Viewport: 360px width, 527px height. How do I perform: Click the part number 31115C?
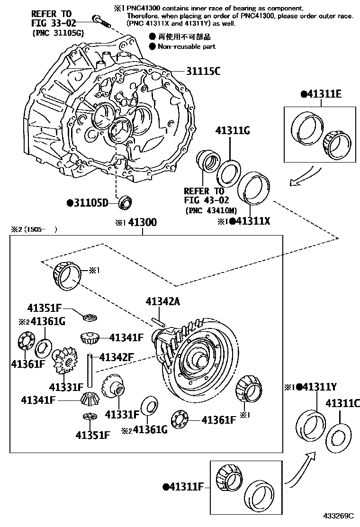point(202,72)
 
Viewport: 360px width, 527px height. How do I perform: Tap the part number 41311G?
point(233,131)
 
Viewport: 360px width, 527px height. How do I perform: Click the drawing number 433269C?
point(339,516)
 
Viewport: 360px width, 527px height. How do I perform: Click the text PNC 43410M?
point(211,210)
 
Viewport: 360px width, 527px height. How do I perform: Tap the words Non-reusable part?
point(186,46)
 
